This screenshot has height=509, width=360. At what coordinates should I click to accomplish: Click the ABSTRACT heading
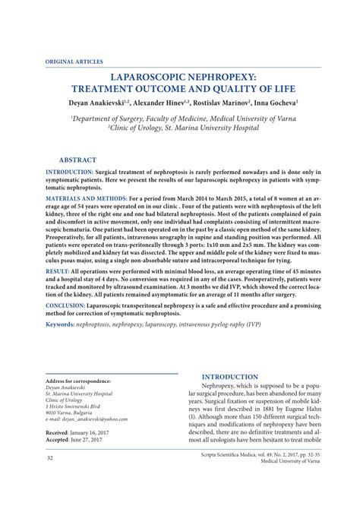(77, 161)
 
